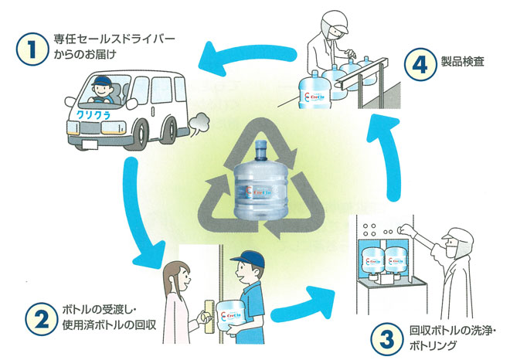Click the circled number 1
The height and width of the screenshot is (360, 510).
coord(31,50)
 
